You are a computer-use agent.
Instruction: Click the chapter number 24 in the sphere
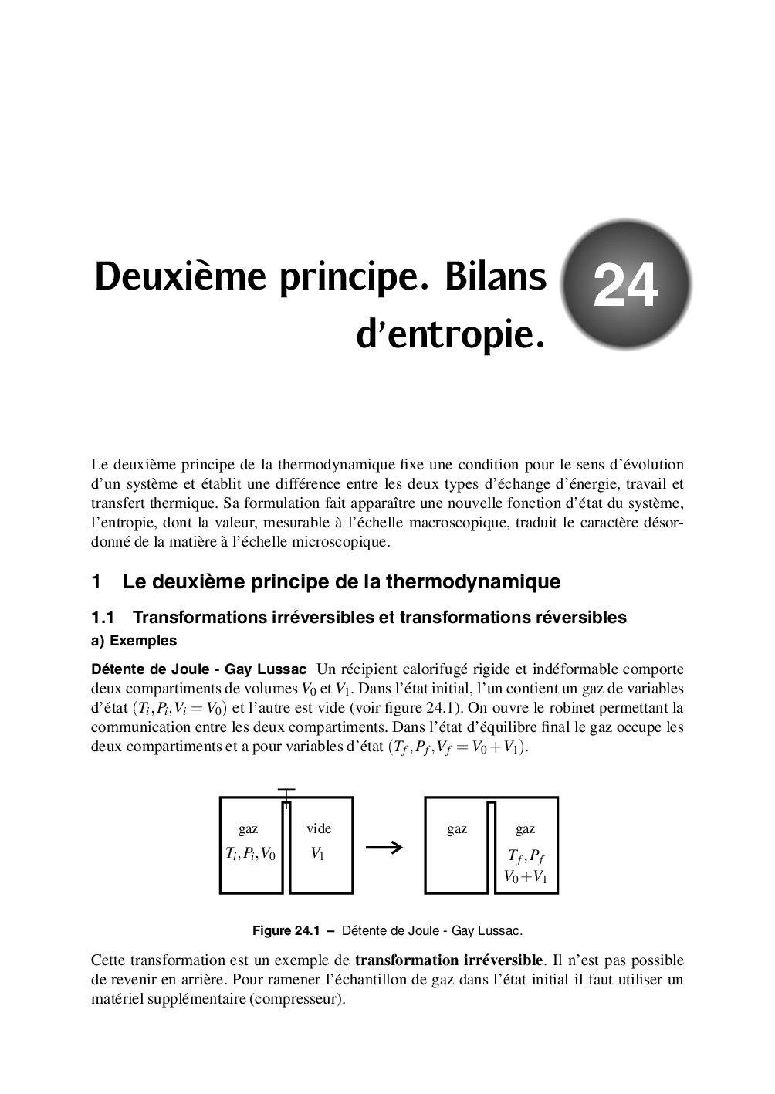tap(625, 285)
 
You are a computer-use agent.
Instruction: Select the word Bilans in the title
tap(494, 276)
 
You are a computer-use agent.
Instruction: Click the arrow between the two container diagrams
tap(384, 847)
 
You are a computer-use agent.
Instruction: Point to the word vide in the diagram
tap(319, 828)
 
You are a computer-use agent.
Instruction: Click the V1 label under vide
tap(318, 853)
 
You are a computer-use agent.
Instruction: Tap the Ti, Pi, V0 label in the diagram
tap(250, 853)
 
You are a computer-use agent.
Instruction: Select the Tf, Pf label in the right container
tap(526, 856)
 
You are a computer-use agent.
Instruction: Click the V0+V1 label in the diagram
tap(526, 876)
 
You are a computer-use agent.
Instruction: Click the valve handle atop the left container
tap(286, 792)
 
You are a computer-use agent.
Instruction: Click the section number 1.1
tap(103, 617)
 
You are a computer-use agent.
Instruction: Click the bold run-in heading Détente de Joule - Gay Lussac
tap(198, 669)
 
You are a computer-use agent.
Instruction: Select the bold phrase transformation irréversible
tap(448, 960)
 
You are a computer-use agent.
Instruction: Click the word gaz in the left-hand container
tap(249, 828)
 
